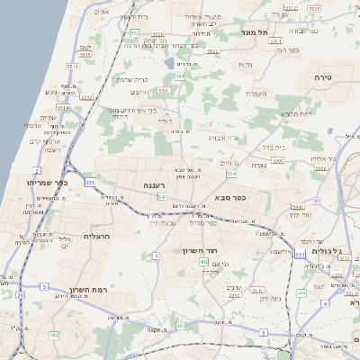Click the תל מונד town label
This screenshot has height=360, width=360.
[x=256, y=32]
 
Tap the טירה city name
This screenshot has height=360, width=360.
[x=324, y=78]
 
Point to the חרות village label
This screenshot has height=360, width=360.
[x=245, y=64]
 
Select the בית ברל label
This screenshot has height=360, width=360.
[x=274, y=147]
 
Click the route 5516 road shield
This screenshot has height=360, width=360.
[x=72, y=66]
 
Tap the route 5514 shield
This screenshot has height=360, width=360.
[x=87, y=95]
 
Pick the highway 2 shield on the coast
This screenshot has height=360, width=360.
[x=37, y=169]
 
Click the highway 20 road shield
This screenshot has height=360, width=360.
[x=21, y=294]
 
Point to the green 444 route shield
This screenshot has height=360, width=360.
[x=301, y=292]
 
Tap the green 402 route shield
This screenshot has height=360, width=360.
[x=204, y=262]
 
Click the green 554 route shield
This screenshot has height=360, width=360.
[x=231, y=173]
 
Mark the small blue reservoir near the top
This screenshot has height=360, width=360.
[x=169, y=64]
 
